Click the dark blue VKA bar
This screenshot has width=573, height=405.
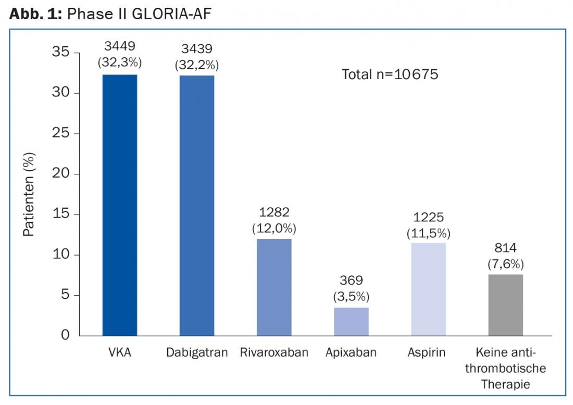click(120, 205)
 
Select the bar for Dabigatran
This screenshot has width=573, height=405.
click(197, 206)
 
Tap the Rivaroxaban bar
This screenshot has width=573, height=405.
click(274, 287)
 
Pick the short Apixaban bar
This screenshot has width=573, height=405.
click(351, 321)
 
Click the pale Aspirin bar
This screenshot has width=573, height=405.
click(428, 289)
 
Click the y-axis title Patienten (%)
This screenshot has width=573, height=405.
click(29, 194)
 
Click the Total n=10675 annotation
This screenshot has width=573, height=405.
click(390, 74)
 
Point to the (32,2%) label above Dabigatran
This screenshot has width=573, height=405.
click(197, 65)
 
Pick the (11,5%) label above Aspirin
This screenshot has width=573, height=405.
click(428, 234)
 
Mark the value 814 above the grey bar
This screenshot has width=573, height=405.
click(505, 248)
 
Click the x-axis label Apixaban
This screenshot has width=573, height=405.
click(351, 352)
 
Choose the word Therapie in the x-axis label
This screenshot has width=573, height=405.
click(505, 385)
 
